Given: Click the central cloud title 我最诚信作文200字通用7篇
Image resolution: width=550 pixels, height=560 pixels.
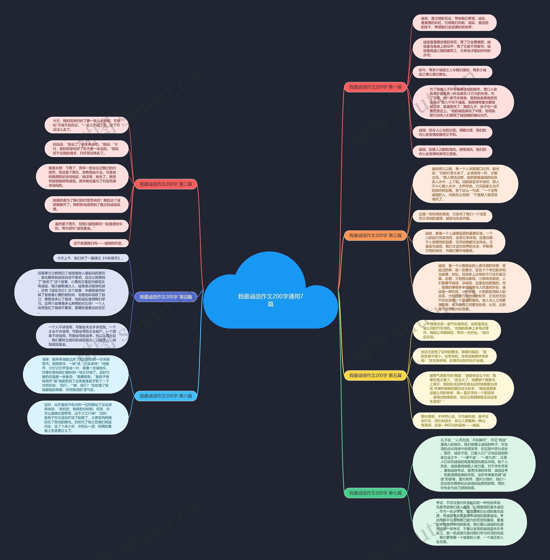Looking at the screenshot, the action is click(270, 300).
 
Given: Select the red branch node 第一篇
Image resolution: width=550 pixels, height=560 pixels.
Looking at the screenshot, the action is click(375, 87).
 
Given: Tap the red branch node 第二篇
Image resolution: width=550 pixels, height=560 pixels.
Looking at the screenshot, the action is click(166, 184).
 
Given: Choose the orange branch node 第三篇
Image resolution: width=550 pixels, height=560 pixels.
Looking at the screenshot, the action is click(375, 235).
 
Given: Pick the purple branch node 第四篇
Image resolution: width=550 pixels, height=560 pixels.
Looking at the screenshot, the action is click(166, 297).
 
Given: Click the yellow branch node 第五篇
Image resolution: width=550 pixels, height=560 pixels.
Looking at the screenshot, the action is click(375, 375).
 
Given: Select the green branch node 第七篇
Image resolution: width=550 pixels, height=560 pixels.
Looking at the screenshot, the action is click(375, 493).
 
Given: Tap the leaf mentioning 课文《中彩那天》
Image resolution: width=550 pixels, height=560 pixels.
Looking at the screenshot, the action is click(91, 258).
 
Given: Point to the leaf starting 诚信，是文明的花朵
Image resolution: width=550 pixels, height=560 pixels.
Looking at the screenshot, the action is click(454, 23).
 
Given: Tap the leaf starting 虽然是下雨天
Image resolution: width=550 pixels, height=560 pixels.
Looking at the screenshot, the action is click(89, 226).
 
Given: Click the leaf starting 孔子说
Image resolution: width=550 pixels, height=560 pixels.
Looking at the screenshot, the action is click(474, 464).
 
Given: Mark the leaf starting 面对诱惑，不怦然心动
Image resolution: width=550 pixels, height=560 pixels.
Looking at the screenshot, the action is click(454, 421).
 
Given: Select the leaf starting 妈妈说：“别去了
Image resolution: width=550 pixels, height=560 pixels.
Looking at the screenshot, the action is click(86, 149).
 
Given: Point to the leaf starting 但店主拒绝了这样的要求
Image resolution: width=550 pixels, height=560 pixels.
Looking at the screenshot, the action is click(454, 356).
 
